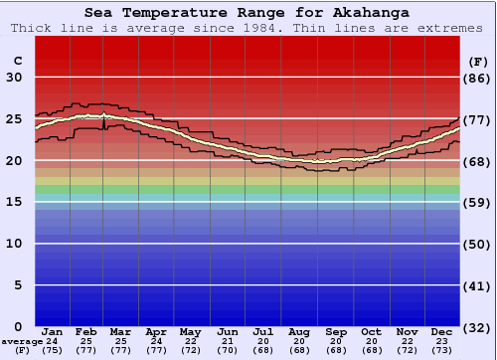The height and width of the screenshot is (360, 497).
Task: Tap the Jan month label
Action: [53, 331]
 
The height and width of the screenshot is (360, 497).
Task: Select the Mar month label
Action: [121, 331]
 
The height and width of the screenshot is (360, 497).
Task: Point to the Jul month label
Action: [262, 331]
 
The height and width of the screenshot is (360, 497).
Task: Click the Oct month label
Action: [371, 331]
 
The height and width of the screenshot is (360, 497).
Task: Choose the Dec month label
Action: [442, 331]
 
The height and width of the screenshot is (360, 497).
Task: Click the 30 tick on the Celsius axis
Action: [15, 78]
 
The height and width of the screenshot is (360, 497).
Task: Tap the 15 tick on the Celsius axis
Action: [15, 202]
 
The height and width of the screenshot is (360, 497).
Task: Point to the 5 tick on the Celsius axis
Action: [18, 285]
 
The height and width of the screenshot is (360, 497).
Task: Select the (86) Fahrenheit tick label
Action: [478, 78]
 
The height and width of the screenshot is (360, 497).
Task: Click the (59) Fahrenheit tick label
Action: [478, 202]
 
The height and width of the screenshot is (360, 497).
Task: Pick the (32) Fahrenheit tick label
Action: [478, 327]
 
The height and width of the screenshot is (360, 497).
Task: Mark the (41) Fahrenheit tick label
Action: [478, 285]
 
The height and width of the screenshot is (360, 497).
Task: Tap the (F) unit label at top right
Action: [478, 61]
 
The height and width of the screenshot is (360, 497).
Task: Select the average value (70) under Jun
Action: [228, 351]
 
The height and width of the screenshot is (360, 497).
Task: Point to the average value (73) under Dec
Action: [442, 351]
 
